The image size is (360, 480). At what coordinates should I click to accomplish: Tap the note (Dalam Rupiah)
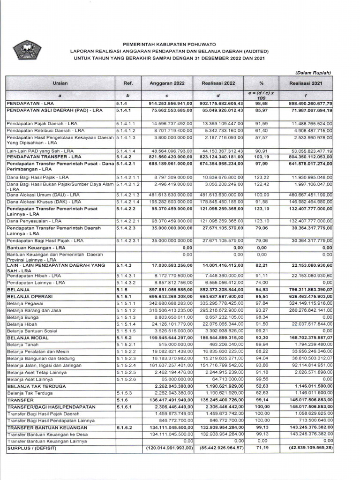click(x=314, y=73)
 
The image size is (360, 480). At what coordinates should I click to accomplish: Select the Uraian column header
click(x=60, y=83)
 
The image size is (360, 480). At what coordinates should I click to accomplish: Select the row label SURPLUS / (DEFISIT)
click(x=30, y=448)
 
